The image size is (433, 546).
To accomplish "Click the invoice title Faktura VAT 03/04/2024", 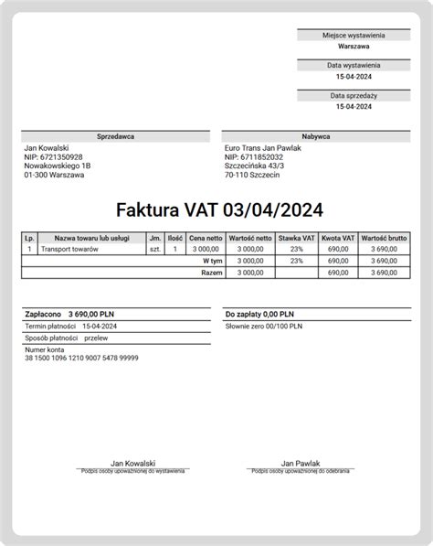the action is click(x=218, y=211).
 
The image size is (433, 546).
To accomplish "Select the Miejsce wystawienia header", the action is click(x=353, y=35).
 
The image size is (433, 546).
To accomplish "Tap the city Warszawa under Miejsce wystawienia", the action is click(x=353, y=46).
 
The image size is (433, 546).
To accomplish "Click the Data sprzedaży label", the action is click(x=353, y=95).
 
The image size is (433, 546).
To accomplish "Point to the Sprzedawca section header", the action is click(x=115, y=136).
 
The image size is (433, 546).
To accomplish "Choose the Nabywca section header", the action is click(x=315, y=136).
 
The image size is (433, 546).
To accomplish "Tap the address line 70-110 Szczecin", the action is click(x=253, y=175).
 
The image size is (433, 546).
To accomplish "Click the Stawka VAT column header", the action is click(x=296, y=238).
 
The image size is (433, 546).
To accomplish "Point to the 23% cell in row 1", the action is click(x=296, y=249).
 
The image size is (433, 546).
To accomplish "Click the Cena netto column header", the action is click(x=205, y=238).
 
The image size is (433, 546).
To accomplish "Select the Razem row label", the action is click(x=212, y=272).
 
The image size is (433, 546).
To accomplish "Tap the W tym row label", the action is click(x=213, y=261).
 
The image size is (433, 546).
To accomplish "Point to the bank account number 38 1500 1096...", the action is click(x=81, y=359).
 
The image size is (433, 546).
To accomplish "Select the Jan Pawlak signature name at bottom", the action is click(x=300, y=464).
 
